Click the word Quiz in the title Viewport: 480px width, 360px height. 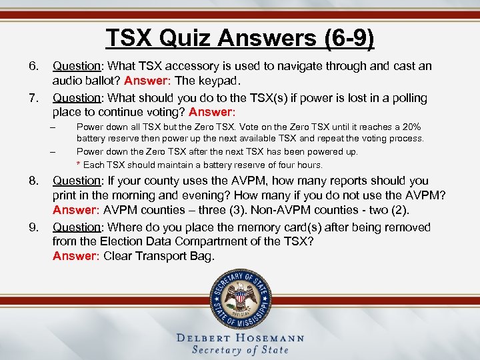[x=185, y=37]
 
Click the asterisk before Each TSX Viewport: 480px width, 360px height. [x=79, y=165]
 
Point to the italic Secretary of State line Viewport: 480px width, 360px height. [x=240, y=350]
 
